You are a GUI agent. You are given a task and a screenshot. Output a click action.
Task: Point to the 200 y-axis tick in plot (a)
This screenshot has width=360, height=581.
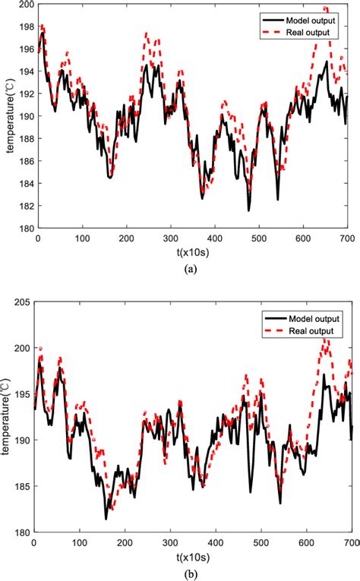pos(25,5)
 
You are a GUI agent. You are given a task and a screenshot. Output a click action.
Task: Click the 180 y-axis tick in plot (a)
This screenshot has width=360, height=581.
pos(25,228)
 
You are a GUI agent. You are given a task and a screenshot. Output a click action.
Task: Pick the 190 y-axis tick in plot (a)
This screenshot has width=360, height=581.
pos(25,116)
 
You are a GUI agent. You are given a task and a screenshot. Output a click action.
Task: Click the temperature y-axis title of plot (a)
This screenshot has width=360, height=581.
pos(9,116)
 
